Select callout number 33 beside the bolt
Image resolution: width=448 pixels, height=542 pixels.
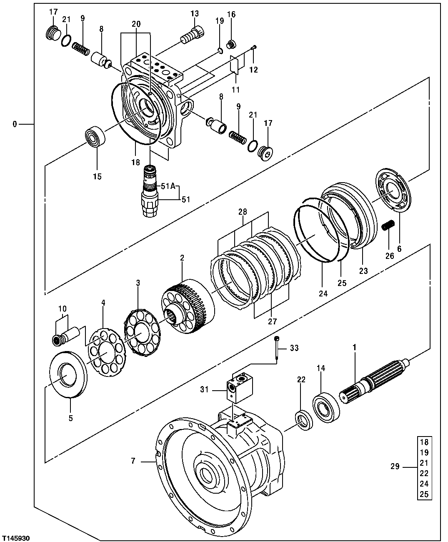coord(294,348)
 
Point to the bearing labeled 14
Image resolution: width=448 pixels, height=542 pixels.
coord(326,405)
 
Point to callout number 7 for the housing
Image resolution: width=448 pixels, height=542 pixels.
coord(133,461)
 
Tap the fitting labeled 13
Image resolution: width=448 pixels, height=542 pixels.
coord(192,35)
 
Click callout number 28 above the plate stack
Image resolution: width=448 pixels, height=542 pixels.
coord(243,212)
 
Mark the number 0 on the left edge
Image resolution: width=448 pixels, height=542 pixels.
coord(15,124)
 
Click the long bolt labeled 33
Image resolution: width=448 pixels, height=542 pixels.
coord(277,351)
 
